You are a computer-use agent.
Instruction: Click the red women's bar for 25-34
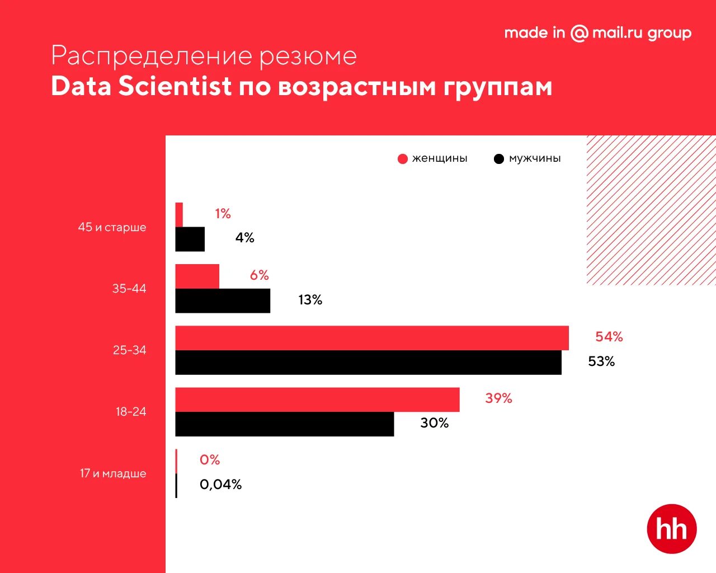pyautogui.click(x=372, y=338)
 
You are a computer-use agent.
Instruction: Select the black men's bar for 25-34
pyautogui.click(x=368, y=363)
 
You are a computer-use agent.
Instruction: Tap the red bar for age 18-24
pyautogui.click(x=317, y=400)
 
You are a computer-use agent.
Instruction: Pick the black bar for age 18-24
pyautogui.click(x=284, y=424)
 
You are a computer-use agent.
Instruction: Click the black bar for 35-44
pyautogui.click(x=223, y=301)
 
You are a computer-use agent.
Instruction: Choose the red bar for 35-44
pyautogui.click(x=197, y=276)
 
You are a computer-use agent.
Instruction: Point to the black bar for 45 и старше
pyautogui.click(x=190, y=239)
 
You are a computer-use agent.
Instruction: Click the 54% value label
pyautogui.click(x=609, y=337)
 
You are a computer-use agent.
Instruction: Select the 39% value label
pyautogui.click(x=498, y=398)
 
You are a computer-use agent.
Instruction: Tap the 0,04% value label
pyautogui.click(x=220, y=485)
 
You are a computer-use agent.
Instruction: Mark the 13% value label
pyautogui.click(x=310, y=300)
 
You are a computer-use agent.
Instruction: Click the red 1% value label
pyautogui.click(x=223, y=214)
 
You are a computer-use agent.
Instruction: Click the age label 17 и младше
pyautogui.click(x=112, y=473)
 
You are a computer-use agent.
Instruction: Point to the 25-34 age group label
pyautogui.click(x=129, y=350)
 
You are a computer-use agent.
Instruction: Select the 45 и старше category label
pyautogui.click(x=112, y=227)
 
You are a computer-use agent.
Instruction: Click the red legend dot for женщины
pyautogui.click(x=403, y=159)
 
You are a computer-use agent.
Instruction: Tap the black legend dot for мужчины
pyautogui.click(x=499, y=159)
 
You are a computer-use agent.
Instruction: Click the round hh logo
pyautogui.click(x=671, y=529)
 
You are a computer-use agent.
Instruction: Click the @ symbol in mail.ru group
pyautogui.click(x=579, y=34)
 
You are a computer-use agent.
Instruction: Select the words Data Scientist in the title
pyautogui.click(x=141, y=87)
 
